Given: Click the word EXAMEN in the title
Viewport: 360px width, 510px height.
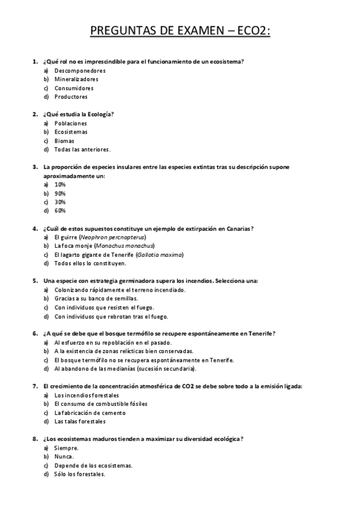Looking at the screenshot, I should pos(202,31).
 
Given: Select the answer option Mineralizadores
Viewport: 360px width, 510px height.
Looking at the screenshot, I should pos(76,79).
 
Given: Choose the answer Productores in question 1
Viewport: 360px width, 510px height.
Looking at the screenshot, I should pos(71,96).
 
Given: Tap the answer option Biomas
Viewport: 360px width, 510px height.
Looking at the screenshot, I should pos(64,141).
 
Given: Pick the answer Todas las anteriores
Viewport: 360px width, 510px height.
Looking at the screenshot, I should pos(82,149).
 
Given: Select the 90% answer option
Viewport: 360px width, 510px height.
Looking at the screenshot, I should pos(60,193).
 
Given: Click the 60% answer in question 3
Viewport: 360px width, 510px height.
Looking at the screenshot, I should pos(60,210).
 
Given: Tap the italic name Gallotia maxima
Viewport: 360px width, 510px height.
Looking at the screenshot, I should pos(159,254).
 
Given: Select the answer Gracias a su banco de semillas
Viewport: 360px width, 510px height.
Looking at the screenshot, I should pos(96,298).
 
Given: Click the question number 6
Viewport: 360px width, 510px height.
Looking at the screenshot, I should pos(34,333).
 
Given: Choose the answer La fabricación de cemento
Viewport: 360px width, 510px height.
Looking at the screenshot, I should pos(90,413).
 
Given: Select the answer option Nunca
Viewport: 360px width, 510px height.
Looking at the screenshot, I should pos(64,456).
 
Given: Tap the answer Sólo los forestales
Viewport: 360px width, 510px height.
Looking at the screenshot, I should pos(80,474).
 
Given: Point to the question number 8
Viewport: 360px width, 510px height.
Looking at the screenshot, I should pos(34,439).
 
